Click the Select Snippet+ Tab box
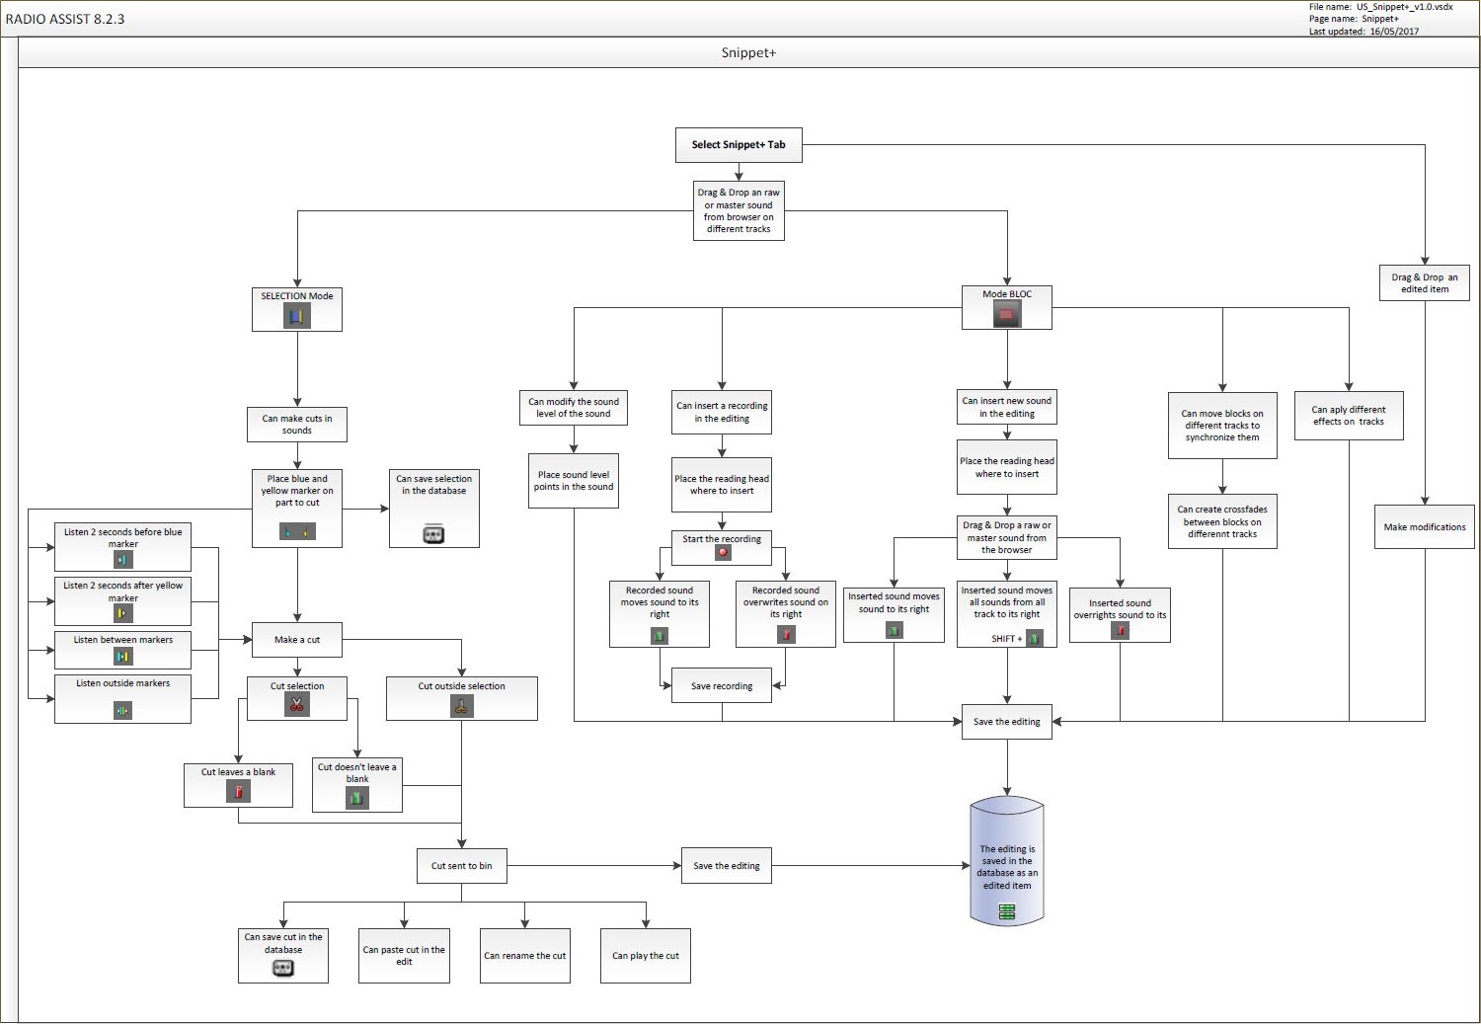[739, 145]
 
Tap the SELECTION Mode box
[297, 308]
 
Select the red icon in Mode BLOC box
[1006, 315]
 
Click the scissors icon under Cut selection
[296, 704]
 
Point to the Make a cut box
[297, 640]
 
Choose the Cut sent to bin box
[461, 866]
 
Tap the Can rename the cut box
[524, 956]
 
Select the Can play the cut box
[646, 956]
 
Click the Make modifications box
[1425, 527]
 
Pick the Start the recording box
[722, 547]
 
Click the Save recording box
[722, 686]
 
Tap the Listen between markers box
[123, 650]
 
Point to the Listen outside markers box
[123, 698]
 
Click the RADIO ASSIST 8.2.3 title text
[65, 19]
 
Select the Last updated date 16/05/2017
[1393, 32]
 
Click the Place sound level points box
[574, 481]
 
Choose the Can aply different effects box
[1348, 416]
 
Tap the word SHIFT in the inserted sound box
[1003, 639]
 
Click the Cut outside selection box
[461, 697]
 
